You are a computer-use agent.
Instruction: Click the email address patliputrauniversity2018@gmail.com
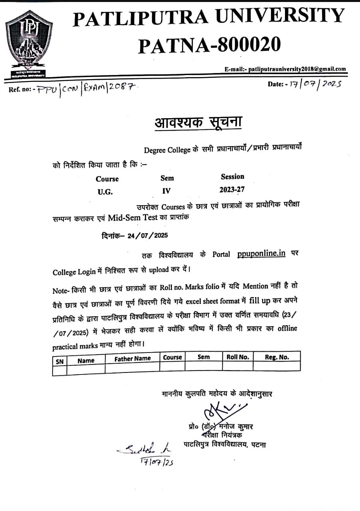click(297, 69)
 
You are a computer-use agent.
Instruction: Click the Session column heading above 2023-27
click(232, 176)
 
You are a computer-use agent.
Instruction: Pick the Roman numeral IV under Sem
click(166, 191)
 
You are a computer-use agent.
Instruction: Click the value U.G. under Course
click(105, 192)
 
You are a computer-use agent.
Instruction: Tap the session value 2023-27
click(232, 190)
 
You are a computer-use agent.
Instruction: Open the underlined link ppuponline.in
click(261, 254)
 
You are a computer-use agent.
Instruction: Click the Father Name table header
click(133, 358)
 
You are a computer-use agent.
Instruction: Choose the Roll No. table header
click(237, 357)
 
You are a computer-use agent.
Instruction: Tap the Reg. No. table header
click(277, 357)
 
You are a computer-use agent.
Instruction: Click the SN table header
click(59, 361)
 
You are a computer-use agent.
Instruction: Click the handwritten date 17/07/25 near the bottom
click(157, 462)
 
